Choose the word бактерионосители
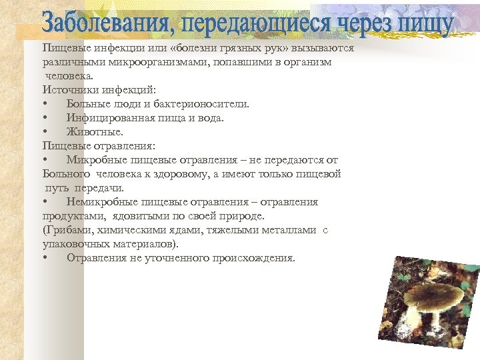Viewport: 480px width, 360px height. (203, 103)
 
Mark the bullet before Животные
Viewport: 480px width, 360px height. (44, 131)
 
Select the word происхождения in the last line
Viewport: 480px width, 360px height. (253, 258)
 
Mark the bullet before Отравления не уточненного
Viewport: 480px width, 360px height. (44, 258)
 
